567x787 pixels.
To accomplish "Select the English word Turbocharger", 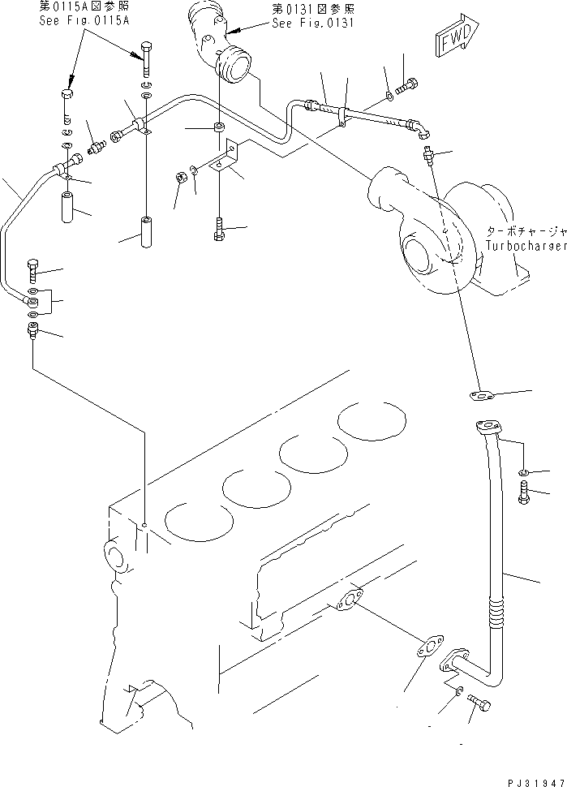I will pos(526,245).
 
